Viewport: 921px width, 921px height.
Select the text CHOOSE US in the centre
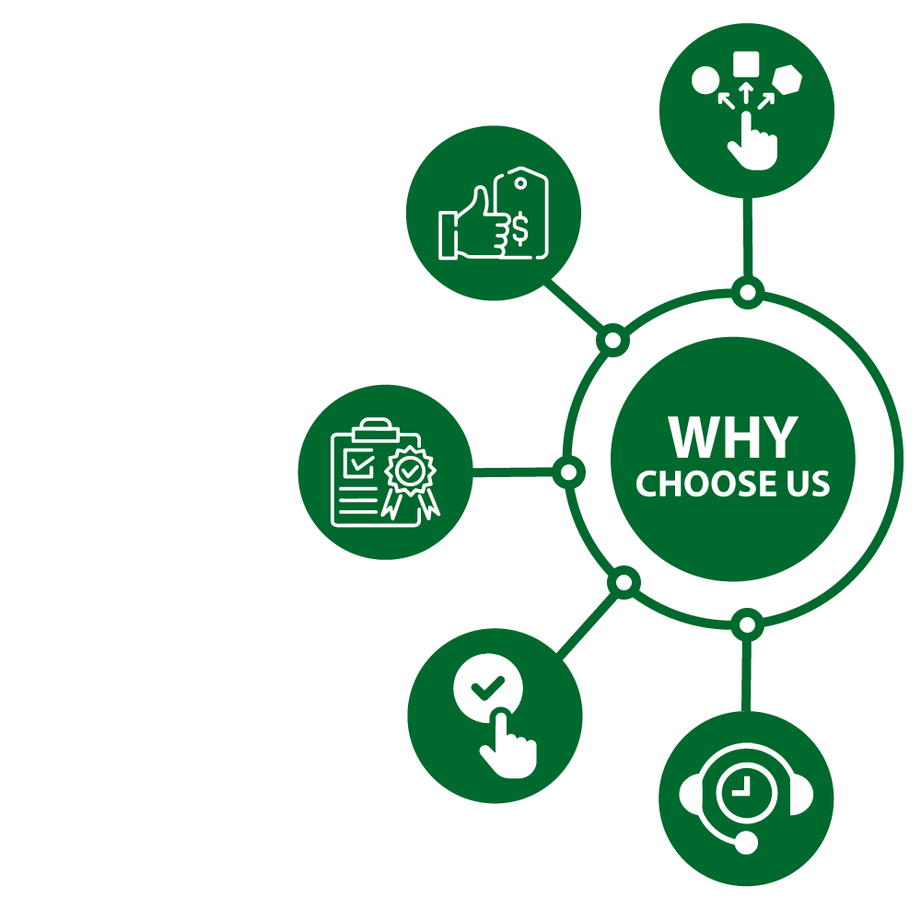pos(733,484)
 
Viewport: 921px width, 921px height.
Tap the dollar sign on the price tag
pos(520,229)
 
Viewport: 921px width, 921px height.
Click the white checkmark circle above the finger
pos(488,687)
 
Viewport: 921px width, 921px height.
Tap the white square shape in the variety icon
pos(746,64)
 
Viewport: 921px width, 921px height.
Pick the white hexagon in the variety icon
pos(787,80)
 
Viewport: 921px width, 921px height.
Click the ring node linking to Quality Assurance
pos(568,472)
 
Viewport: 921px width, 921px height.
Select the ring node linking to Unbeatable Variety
pos(748,293)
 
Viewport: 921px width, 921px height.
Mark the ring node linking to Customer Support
pos(747,625)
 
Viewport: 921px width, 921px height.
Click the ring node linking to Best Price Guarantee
pos(612,341)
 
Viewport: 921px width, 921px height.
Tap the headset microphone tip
pos(747,842)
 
